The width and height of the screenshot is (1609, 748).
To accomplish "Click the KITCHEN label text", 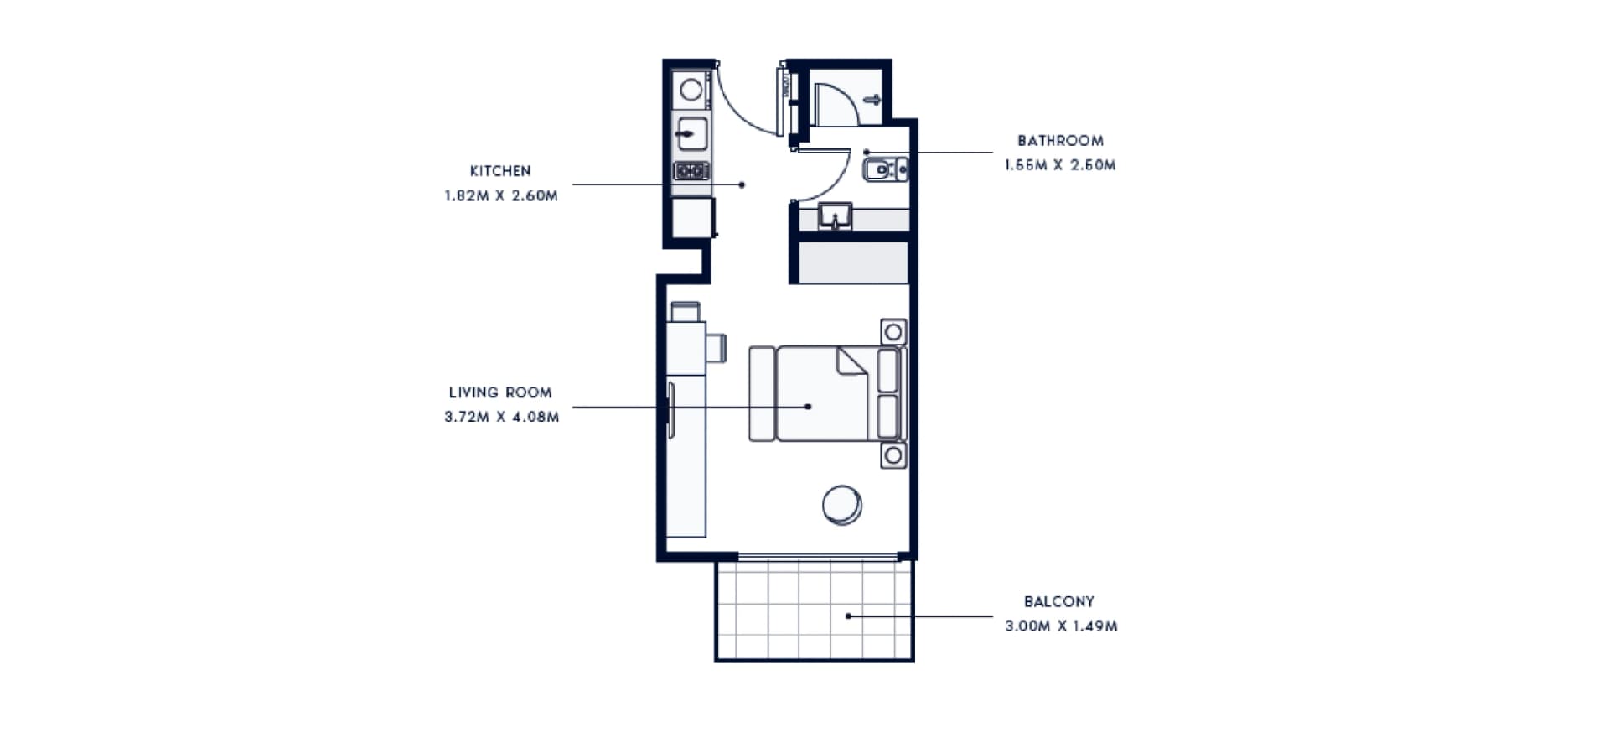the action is coord(500,171).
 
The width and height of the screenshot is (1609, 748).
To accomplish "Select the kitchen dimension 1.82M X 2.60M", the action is coord(501,196).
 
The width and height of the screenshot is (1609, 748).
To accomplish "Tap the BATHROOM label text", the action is coord(1060,141).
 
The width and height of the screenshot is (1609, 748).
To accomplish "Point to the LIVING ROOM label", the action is coord(500,392).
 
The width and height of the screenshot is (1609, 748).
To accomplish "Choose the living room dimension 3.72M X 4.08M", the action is coord(501,417).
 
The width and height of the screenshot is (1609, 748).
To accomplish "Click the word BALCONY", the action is coord(1059,602).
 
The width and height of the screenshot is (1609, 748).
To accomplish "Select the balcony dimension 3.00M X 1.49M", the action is coord(1061,626).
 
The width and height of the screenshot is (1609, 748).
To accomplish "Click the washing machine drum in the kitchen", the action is coord(691,90).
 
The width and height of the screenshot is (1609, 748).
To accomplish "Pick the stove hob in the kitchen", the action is coord(692,171).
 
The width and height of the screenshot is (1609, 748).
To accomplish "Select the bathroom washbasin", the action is coord(835,216).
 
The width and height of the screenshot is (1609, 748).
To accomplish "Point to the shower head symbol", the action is coord(872,101).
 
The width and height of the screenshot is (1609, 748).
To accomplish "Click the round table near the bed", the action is coord(842,505).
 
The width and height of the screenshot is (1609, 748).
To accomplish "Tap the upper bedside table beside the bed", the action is coord(893,332).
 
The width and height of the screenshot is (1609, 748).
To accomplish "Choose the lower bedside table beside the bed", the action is coord(893,455).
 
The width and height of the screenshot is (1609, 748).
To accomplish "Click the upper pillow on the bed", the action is coord(887,370).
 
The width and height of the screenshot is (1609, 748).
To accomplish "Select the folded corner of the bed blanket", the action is coord(851,361).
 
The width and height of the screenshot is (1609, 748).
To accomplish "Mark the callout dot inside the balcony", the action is coord(848,616).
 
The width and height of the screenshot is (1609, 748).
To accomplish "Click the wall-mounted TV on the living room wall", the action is coord(670,410).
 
